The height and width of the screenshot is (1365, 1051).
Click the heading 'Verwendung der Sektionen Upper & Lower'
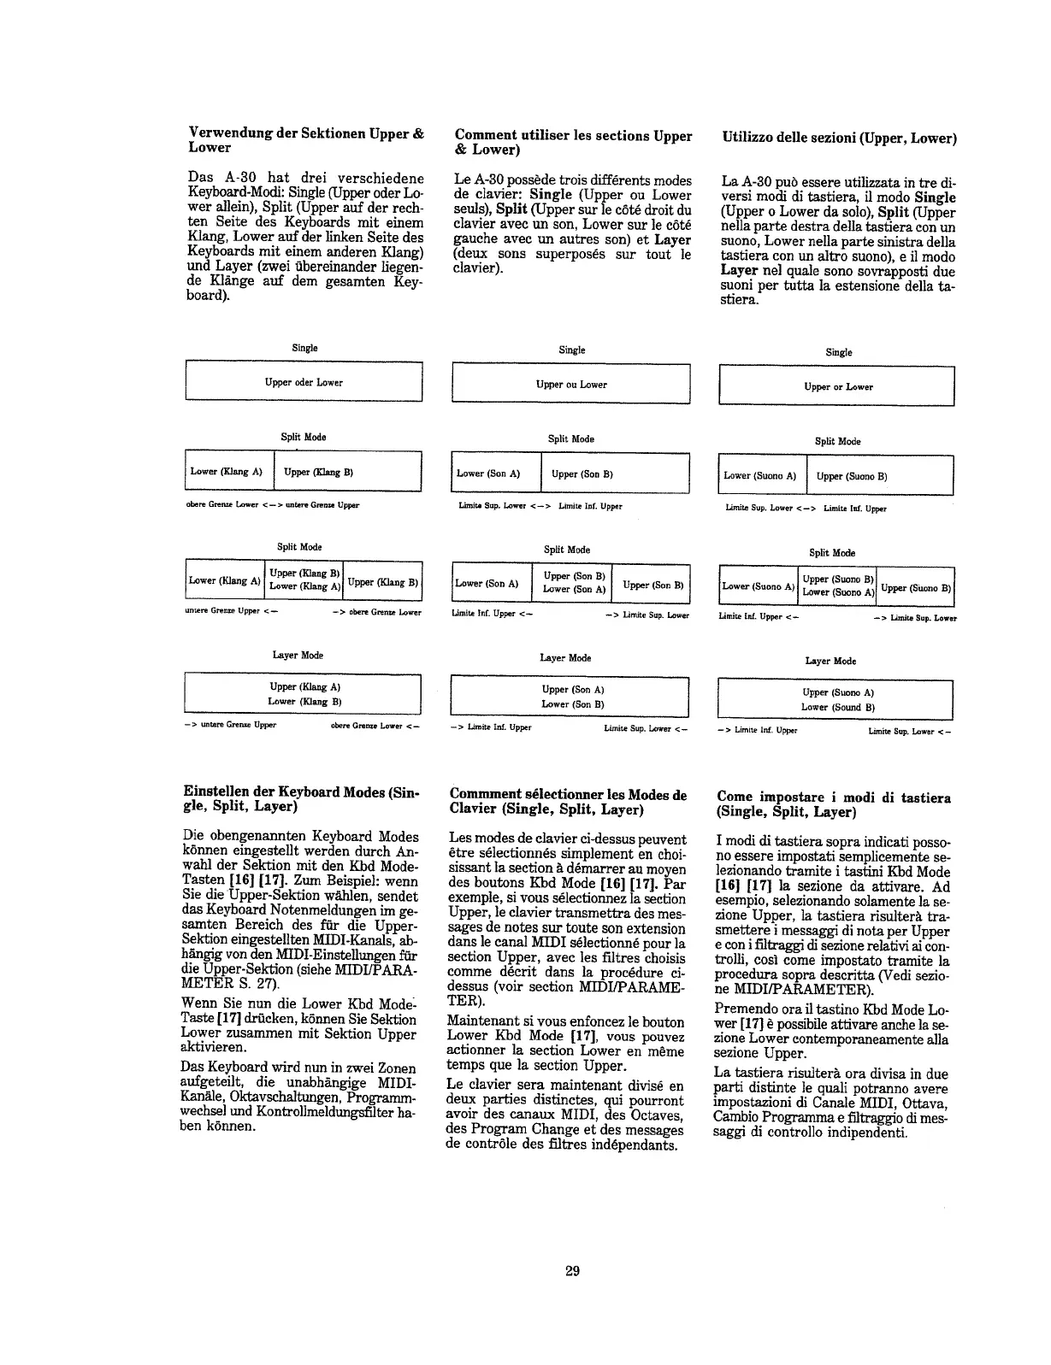(305, 140)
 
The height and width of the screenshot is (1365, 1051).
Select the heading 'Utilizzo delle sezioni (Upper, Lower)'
(839, 138)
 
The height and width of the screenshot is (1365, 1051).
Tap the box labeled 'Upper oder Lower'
(304, 382)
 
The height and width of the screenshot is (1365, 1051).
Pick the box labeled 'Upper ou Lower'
(570, 384)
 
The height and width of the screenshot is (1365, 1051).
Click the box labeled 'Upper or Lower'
(837, 386)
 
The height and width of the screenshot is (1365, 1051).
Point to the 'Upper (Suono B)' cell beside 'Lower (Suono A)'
(879, 476)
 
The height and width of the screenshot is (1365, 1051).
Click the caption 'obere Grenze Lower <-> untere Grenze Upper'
(273, 505)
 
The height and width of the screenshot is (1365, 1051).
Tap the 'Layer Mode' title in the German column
(298, 655)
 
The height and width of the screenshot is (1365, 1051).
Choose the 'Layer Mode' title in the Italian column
(831, 661)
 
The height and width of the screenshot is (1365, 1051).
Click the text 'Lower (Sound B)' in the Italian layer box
(837, 707)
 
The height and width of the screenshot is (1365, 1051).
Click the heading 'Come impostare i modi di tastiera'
(833, 804)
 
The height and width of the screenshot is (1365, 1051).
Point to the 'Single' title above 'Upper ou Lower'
(571, 350)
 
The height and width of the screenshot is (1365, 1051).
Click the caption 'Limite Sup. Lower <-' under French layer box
(646, 728)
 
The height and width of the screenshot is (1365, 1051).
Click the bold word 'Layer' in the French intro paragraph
(672, 239)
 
